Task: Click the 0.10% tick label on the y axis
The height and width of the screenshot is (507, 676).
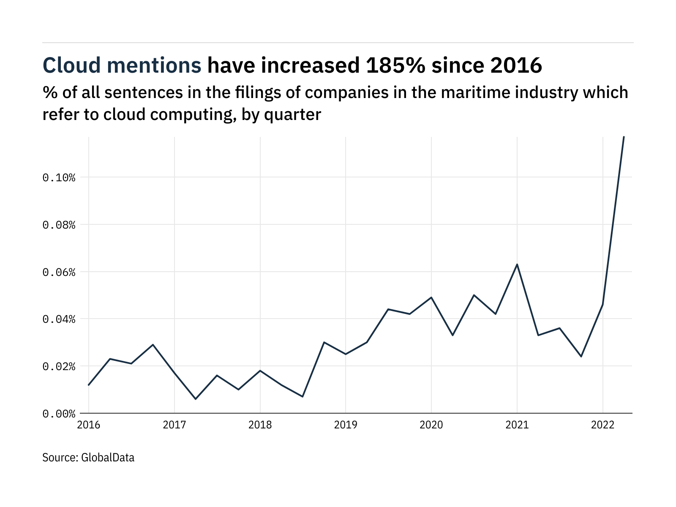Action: [x=59, y=177]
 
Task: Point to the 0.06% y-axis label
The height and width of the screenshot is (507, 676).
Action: [x=59, y=272]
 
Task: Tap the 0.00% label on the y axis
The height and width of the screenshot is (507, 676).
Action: [x=59, y=414]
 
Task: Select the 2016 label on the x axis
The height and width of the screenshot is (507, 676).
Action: [x=89, y=425]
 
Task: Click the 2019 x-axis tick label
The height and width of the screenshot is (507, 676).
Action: [x=346, y=425]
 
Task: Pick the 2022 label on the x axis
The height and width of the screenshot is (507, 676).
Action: [x=602, y=425]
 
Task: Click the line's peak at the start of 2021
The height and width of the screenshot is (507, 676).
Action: [x=517, y=264]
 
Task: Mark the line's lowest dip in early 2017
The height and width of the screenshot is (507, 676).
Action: [x=196, y=399]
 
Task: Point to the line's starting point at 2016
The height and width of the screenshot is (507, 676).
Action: [x=89, y=385]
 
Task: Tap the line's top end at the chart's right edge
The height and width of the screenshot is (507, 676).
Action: [x=624, y=137]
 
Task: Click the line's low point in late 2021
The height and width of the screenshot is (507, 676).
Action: [x=581, y=357]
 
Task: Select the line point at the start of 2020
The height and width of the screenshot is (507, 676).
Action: [x=431, y=297]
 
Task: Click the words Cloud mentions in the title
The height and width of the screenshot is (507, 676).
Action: [x=122, y=65]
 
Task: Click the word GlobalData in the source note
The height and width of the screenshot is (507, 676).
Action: [x=108, y=458]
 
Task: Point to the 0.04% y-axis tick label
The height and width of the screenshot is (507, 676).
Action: [x=59, y=319]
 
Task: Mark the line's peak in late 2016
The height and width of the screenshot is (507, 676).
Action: [x=153, y=345]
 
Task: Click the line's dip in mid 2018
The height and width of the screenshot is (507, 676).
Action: [x=303, y=396]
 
